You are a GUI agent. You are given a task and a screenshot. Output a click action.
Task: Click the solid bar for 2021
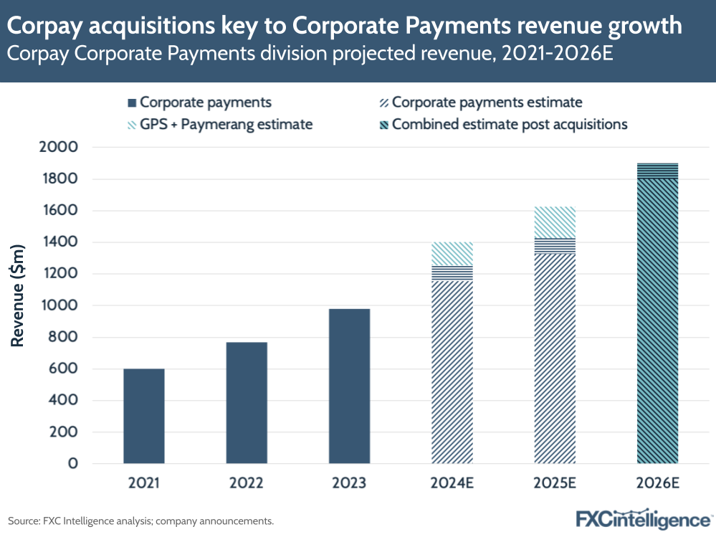click(x=144, y=416)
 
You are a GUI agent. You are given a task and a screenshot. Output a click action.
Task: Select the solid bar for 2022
click(x=247, y=402)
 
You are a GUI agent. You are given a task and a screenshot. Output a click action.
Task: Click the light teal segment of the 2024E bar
click(x=452, y=254)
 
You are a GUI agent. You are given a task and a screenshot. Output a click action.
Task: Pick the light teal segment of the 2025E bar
click(x=555, y=222)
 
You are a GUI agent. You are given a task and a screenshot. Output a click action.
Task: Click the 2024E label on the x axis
click(x=452, y=483)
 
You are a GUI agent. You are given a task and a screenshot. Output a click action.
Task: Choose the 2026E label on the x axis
click(x=657, y=483)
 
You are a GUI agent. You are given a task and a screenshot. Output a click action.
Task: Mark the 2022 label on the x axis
click(x=247, y=483)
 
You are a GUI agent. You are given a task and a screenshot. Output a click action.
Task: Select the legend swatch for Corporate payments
click(x=132, y=103)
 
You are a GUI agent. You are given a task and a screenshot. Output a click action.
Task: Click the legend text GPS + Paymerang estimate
click(x=226, y=125)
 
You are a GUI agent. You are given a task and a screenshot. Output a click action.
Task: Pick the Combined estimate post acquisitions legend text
click(x=510, y=125)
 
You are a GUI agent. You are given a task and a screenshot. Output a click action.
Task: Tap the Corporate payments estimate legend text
click(x=487, y=103)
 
